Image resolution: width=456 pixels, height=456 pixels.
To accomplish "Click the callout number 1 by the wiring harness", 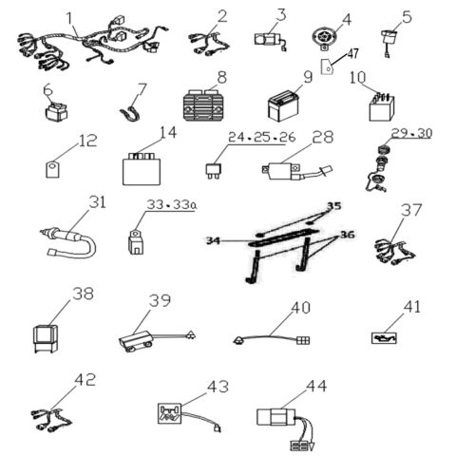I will (69, 18).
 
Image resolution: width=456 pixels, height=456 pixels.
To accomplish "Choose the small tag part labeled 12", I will (54, 170).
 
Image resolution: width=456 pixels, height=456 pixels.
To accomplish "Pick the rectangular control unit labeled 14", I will (140, 168).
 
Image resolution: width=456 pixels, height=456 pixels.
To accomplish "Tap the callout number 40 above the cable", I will (300, 309).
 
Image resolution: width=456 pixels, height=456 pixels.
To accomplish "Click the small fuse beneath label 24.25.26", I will (216, 174).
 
